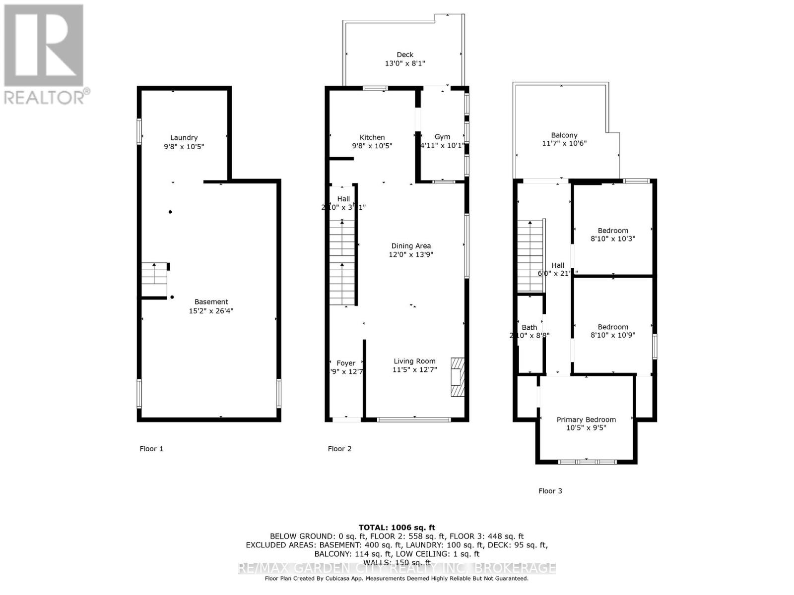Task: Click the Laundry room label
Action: tap(184, 138)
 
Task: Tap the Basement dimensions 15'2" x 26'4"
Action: tap(211, 311)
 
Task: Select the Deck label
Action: tap(404, 55)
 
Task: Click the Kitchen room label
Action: tap(372, 137)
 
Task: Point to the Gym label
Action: tap(442, 137)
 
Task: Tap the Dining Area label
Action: tap(411, 246)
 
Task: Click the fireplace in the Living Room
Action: tap(458, 377)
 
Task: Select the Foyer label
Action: tap(346, 363)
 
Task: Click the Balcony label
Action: tap(564, 135)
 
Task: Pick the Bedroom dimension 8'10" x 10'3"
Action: tap(613, 238)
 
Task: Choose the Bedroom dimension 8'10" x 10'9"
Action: tap(613, 335)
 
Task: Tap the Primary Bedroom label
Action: tap(586, 419)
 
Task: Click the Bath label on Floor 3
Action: tap(529, 327)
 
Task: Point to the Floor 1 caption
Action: tap(151, 449)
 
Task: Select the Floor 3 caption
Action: tap(550, 491)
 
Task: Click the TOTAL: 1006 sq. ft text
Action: tap(397, 528)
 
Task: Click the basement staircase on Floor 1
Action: tap(154, 280)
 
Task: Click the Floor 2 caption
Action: tap(339, 449)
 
